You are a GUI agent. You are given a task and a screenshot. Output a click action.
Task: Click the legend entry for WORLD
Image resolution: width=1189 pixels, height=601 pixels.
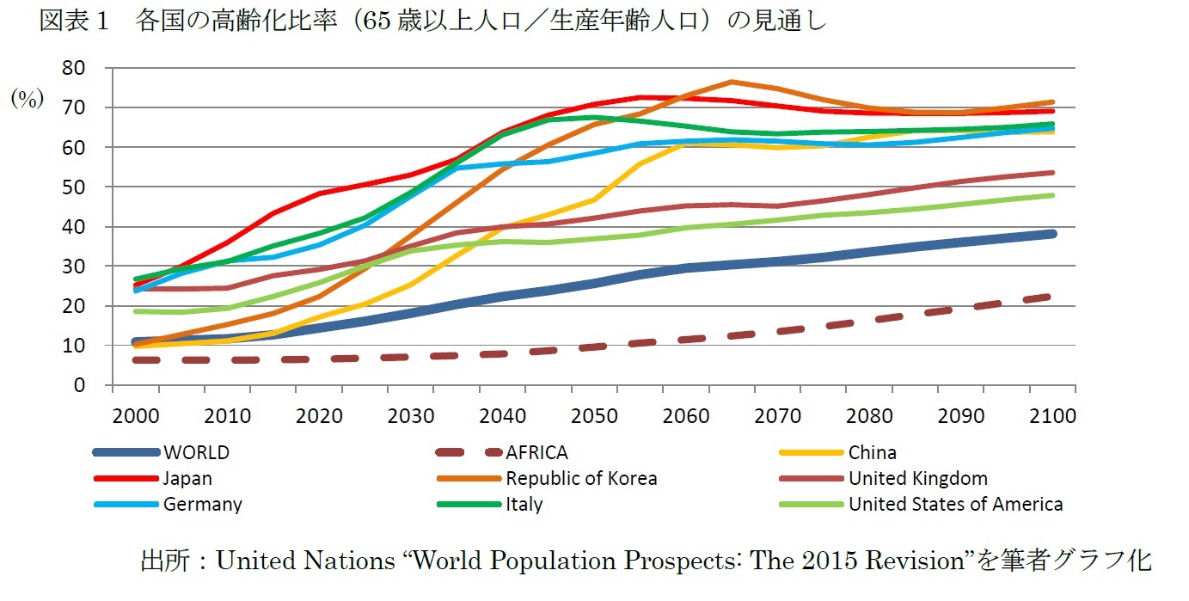click(x=196, y=452)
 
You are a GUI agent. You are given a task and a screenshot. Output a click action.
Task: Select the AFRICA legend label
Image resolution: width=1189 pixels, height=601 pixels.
click(x=536, y=452)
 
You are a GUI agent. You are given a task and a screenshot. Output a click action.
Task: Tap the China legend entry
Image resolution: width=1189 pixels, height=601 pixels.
click(x=872, y=452)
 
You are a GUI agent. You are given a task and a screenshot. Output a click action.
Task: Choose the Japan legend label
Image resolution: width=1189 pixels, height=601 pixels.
click(x=187, y=478)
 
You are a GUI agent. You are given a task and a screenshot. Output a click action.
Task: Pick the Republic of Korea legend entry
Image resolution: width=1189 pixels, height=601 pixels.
click(x=581, y=478)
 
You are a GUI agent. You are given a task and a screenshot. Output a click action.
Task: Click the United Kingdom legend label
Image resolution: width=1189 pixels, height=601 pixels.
click(x=917, y=478)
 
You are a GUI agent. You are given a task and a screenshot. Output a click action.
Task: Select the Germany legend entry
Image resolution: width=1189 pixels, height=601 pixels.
click(x=202, y=504)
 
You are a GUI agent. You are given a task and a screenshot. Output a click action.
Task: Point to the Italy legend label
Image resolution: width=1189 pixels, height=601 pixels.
click(x=524, y=504)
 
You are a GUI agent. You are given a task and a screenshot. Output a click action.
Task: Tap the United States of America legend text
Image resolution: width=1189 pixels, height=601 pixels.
click(x=955, y=504)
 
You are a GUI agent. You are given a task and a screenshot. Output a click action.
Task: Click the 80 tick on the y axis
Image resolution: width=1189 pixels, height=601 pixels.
click(x=77, y=68)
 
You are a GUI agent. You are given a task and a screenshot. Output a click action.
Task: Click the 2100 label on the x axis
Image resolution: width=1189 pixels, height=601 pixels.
click(x=1053, y=416)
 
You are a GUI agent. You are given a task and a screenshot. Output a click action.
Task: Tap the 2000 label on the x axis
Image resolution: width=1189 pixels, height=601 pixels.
click(x=137, y=416)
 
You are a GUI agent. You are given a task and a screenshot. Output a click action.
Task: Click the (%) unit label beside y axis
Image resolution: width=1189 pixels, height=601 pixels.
click(x=27, y=99)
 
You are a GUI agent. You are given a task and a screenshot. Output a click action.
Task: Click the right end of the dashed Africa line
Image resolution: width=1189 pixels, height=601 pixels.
click(x=1051, y=296)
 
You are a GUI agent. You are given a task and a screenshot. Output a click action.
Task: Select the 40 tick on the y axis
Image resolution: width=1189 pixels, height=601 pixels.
click(x=77, y=227)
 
